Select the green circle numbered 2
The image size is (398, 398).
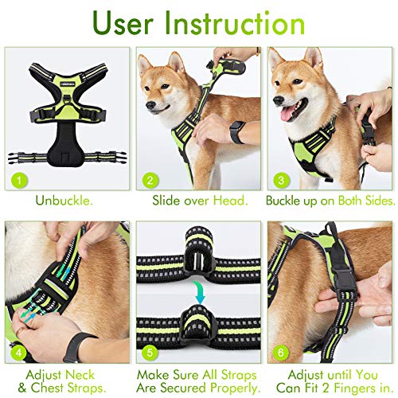(x=149, y=181)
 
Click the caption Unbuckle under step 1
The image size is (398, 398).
(x=65, y=200)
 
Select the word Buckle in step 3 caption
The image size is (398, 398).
(x=288, y=200)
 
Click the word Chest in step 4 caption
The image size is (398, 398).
(x=57, y=388)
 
